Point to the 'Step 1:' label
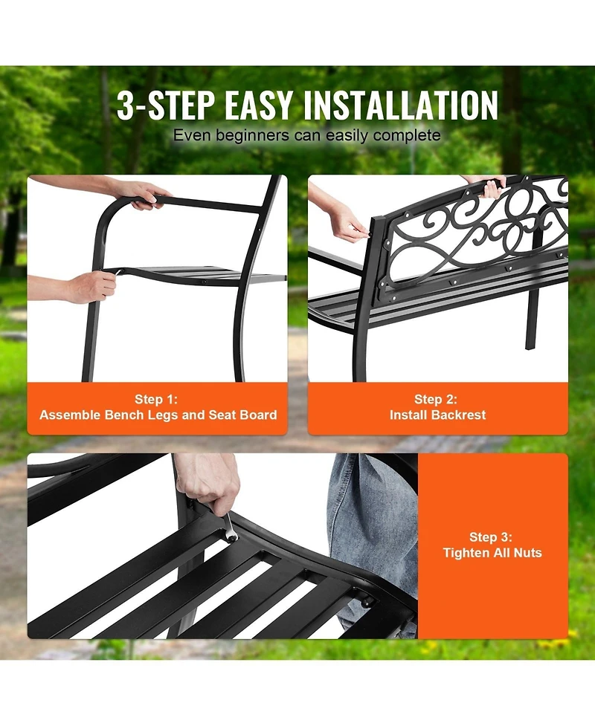[x=158, y=399]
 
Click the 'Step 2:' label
[x=437, y=399]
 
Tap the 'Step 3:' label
[x=492, y=537]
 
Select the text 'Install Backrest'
[x=437, y=415]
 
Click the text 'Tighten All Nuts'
[x=492, y=553]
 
